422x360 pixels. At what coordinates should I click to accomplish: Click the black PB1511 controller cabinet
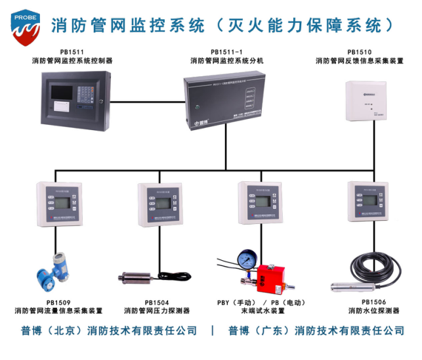pyautogui.click(x=73, y=101)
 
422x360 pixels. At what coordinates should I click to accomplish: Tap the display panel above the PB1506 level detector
pyautogui.click(x=373, y=204)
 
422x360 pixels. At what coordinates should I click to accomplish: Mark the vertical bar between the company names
pyautogui.click(x=213, y=330)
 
